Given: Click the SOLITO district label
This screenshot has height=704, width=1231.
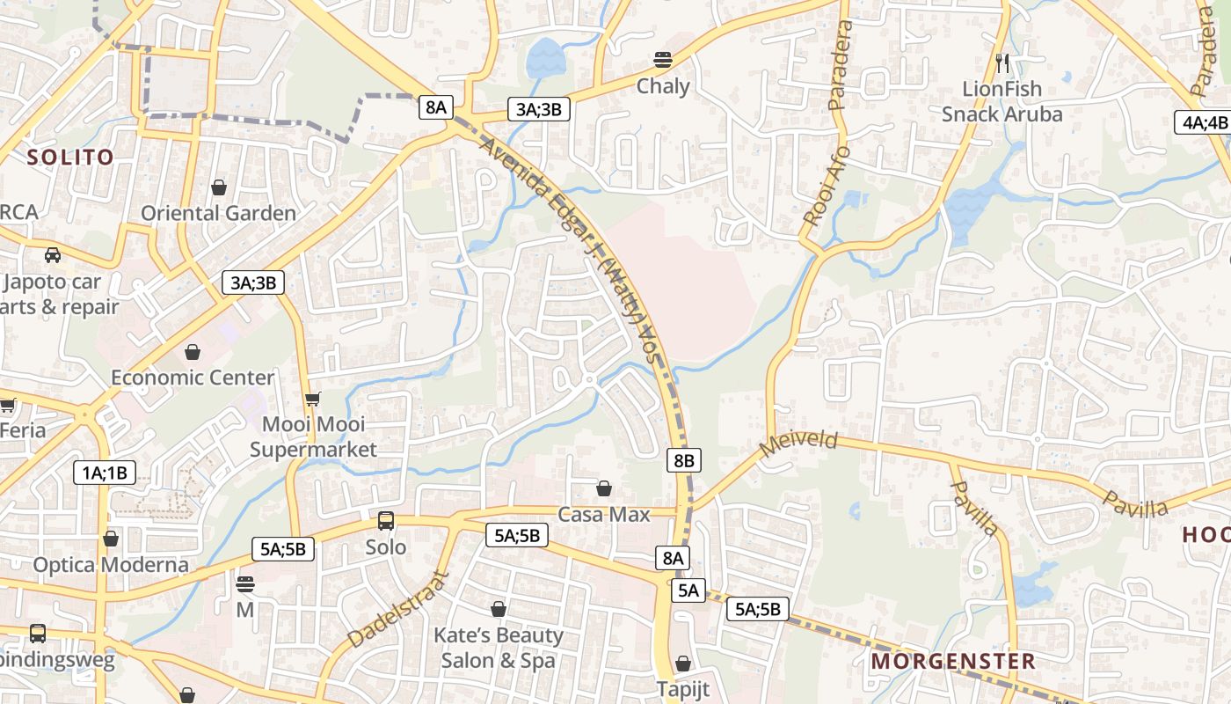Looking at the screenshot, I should pos(70,158).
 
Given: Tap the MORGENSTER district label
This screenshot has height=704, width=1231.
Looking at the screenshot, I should pos(953,661).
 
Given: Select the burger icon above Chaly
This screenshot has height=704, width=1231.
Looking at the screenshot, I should pos(663,60).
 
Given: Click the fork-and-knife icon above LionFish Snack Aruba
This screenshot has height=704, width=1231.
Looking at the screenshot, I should pos(1002,62).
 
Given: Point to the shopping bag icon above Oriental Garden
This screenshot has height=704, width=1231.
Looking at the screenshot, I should pos(219,187).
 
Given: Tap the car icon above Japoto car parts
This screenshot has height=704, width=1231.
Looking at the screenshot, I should pos(53,255).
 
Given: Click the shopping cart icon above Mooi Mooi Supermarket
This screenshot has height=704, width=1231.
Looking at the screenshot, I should pos(312,399).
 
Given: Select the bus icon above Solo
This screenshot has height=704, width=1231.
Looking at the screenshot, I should pos(386,521).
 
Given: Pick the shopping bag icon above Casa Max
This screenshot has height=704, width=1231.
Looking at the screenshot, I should pos(604,488).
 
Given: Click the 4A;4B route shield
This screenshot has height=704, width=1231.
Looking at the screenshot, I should pos(1202,122).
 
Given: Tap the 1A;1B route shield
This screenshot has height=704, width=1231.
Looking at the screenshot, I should pos(105,473).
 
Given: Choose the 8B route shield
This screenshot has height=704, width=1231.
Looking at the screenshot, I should pos(684,459).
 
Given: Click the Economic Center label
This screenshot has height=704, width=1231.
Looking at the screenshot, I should pos(193,378).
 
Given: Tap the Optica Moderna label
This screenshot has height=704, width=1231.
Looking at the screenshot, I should pos(111,564).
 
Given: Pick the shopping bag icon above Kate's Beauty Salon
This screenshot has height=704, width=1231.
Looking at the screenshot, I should pos(499,609).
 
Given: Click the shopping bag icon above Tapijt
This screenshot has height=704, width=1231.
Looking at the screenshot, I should pos(683,664).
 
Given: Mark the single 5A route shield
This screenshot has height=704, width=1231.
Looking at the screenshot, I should pos(688,590).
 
